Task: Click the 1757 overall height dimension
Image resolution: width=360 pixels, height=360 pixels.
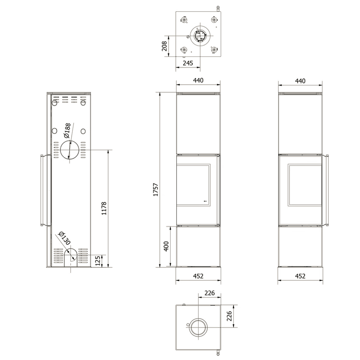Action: (x=156, y=190)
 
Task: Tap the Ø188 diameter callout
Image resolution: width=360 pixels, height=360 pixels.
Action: (x=67, y=130)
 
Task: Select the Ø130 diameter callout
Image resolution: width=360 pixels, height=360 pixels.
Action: (x=65, y=238)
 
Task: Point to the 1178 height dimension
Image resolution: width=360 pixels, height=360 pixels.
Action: (x=104, y=208)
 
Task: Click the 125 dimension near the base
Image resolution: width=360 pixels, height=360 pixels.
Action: (x=98, y=261)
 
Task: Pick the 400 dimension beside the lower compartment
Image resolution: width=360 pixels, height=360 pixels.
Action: (x=166, y=247)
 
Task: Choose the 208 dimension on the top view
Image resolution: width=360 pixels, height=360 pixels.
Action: (x=164, y=46)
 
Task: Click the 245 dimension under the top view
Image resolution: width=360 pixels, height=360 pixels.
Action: (x=188, y=63)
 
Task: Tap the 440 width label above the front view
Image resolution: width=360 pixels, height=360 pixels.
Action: (x=198, y=81)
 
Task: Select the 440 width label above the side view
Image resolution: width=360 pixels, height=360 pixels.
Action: (x=300, y=81)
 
